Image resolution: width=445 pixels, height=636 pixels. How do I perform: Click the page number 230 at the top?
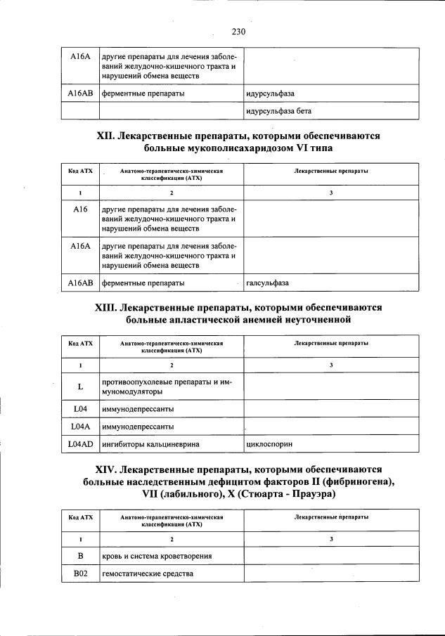click(238, 32)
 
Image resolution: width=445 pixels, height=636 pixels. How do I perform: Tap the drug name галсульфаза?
click(268, 283)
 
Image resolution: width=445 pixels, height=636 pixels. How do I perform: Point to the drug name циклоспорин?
click(269, 445)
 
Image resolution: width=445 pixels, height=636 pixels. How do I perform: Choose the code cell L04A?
click(80, 427)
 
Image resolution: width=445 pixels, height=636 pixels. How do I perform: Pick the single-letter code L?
click(80, 387)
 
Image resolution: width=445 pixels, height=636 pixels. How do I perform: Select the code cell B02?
click(80, 574)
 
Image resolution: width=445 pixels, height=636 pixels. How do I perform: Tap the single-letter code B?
click(80, 556)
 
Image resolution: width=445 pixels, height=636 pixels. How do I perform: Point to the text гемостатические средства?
click(147, 574)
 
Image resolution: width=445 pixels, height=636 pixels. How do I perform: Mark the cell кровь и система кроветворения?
click(157, 556)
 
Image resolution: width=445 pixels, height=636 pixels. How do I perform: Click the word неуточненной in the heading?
click(315, 321)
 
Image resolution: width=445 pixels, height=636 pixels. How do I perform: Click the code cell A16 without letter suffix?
click(80, 209)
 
